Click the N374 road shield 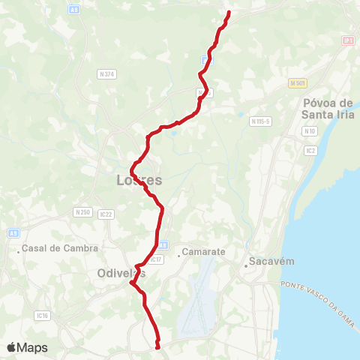106,73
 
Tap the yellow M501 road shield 297,82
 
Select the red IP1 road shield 347,40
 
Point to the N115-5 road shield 261,121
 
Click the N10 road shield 310,131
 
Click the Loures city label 139,180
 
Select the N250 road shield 82,211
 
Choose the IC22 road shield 106,214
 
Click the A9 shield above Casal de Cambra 13,232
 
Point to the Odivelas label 121,274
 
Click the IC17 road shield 156,259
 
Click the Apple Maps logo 27,347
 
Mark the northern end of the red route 228,13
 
